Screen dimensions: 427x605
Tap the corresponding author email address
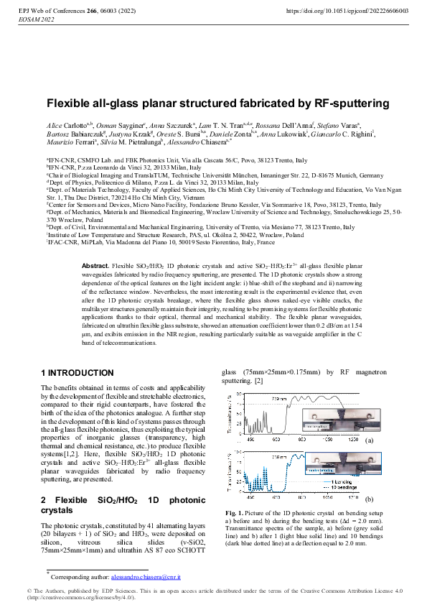coord(140,577)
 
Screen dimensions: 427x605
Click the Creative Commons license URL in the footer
coord(79,598)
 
